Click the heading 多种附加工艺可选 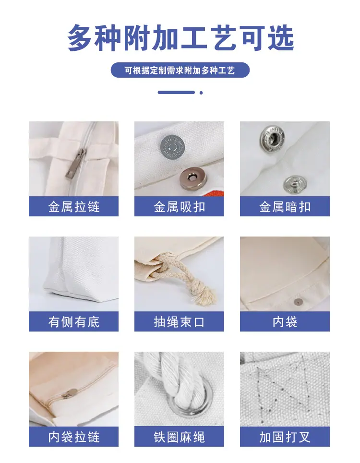pos(180,38)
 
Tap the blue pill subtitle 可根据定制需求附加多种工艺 pos(180,70)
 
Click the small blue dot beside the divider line pos(201,93)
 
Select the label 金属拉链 pos(74,207)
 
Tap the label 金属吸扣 pos(179,207)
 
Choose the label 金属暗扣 pos(285,207)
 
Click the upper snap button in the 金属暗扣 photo pos(272,136)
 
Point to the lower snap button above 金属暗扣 pos(294,185)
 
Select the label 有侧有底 pos(74,322)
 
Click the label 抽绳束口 pos(179,322)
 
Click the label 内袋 pos(285,322)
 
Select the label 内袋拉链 pos(74,437)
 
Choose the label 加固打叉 pos(285,437)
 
